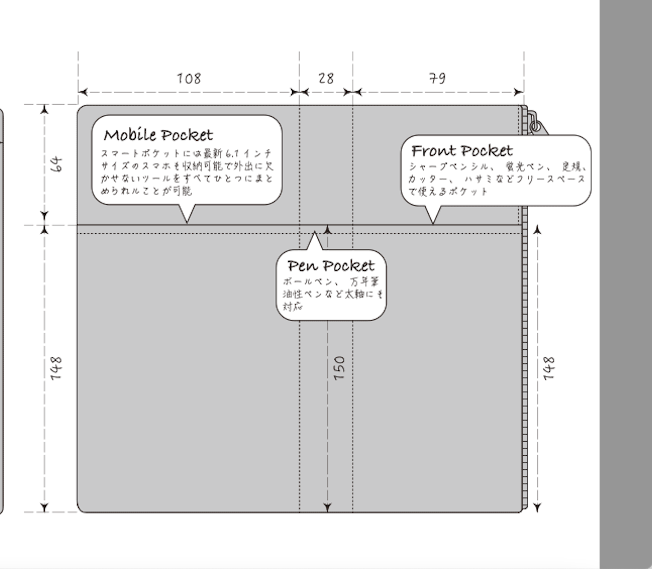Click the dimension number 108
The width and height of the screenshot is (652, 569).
(x=189, y=79)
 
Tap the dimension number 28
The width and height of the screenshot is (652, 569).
(x=326, y=79)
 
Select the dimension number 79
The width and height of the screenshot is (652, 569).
(x=437, y=79)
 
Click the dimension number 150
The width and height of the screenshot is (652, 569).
(x=339, y=368)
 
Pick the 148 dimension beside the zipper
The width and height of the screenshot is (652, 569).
(x=548, y=368)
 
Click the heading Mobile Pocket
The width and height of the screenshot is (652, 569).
(x=158, y=135)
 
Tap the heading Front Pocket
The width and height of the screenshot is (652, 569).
(x=462, y=151)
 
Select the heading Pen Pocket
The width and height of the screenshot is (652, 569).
(x=331, y=266)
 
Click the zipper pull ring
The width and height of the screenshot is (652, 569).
(x=535, y=126)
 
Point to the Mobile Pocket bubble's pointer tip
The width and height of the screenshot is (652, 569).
(x=187, y=222)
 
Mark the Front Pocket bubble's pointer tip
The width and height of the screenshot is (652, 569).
(x=433, y=223)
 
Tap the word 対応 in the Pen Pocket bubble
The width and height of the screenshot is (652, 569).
(x=292, y=306)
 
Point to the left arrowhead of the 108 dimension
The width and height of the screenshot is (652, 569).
(x=82, y=92)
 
